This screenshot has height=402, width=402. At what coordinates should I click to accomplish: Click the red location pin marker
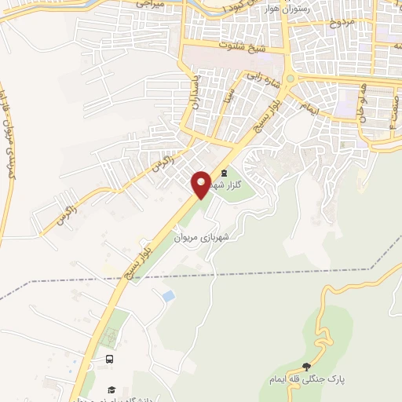202,183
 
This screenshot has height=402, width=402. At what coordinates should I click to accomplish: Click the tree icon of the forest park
307,367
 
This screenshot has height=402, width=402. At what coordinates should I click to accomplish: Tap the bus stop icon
109,359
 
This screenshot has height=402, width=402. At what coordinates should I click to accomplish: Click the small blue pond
168,296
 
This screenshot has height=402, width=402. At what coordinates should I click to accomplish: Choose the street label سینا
226,98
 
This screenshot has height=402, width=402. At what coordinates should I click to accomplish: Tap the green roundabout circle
291,79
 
